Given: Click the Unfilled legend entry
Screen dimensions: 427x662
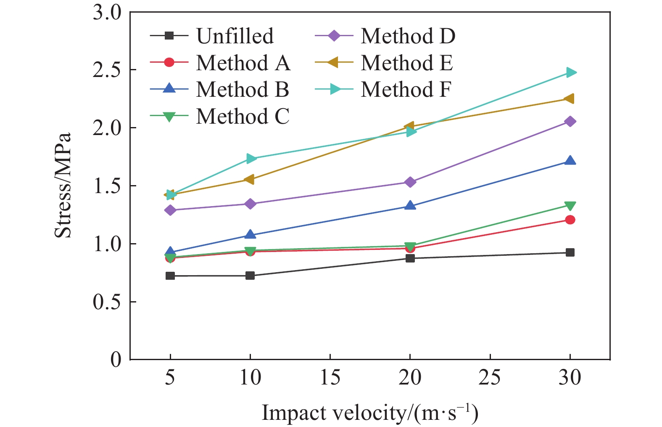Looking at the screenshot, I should pyautogui.click(x=235, y=36).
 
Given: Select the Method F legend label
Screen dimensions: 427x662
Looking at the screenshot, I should pyautogui.click(x=406, y=90).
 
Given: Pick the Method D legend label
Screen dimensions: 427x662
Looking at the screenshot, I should pyautogui.click(x=408, y=36).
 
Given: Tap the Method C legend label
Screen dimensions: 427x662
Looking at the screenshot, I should pyautogui.click(x=243, y=117).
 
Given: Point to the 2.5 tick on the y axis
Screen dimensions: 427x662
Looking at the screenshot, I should pyautogui.click(x=107, y=70).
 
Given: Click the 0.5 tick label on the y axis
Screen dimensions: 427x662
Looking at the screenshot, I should pyautogui.click(x=107, y=302).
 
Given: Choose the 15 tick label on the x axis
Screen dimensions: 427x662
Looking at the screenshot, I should pyautogui.click(x=330, y=377).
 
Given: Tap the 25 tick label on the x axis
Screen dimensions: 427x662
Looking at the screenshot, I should pyautogui.click(x=490, y=377).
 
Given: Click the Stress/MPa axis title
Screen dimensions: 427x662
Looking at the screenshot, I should pyautogui.click(x=63, y=186).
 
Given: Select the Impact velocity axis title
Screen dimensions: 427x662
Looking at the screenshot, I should pyautogui.click(x=370, y=413).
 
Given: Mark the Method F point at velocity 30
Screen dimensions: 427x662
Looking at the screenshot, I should pyautogui.click(x=570, y=72).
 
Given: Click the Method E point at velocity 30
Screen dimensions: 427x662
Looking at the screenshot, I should pyautogui.click(x=570, y=98).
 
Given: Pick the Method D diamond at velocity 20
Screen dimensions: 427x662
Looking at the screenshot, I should pyautogui.click(x=410, y=182).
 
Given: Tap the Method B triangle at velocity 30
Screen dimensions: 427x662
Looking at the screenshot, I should pyautogui.click(x=570, y=161).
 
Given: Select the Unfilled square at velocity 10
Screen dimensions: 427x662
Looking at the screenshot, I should pyautogui.click(x=250, y=276).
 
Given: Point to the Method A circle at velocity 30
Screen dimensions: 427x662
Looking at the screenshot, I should pyautogui.click(x=570, y=220).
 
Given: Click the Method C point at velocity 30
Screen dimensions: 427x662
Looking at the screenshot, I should pyautogui.click(x=570, y=206).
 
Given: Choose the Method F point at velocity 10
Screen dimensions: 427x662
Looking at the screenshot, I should pyautogui.click(x=251, y=159).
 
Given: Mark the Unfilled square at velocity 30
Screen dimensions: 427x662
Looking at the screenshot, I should pyautogui.click(x=570, y=252).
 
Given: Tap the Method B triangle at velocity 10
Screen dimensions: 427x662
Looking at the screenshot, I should pyautogui.click(x=250, y=235).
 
